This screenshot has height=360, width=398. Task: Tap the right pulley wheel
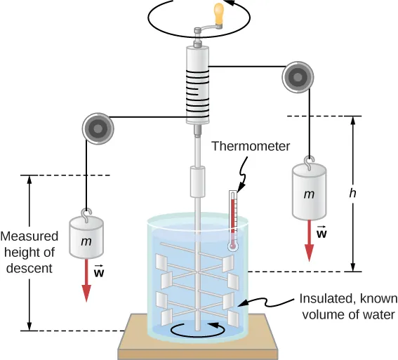tap(296, 76)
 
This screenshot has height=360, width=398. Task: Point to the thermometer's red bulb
tap(232, 246)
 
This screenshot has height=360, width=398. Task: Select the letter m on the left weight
tap(86, 241)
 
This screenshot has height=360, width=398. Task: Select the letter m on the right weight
tap(308, 194)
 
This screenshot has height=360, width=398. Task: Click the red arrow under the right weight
tap(308, 241)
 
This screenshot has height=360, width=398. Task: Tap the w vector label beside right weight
tap(321, 232)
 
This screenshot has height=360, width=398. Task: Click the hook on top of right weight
tap(308, 160)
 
